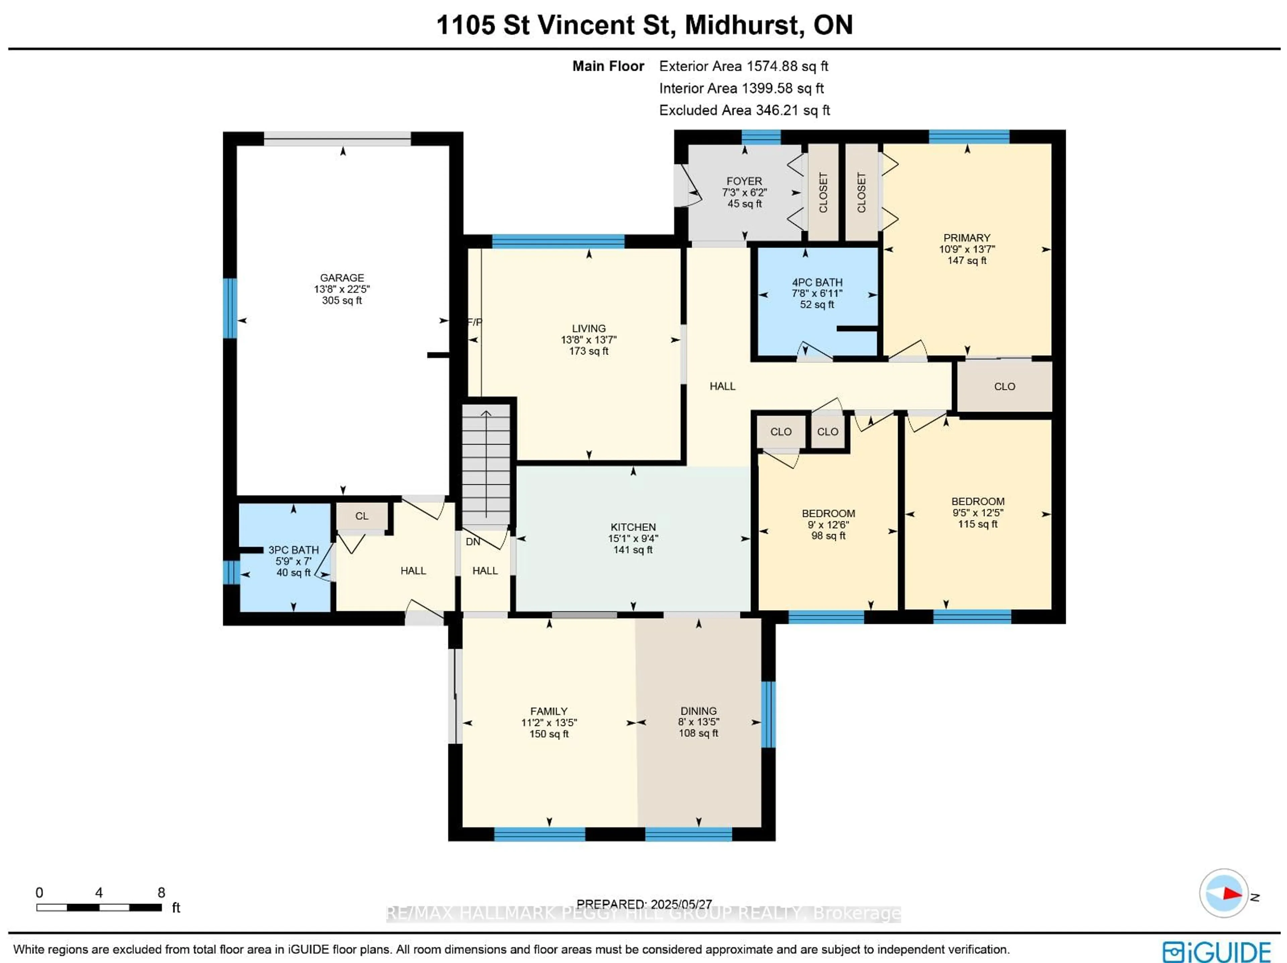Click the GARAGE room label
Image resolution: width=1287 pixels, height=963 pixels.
point(342,278)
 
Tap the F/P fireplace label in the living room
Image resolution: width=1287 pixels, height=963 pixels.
point(475,322)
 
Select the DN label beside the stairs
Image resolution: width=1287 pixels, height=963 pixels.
point(473,542)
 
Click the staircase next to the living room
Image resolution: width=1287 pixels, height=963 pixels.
point(486,464)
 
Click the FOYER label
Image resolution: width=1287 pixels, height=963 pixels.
point(744,182)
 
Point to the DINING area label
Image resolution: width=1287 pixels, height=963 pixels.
point(699,711)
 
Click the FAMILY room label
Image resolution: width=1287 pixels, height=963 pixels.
point(549,711)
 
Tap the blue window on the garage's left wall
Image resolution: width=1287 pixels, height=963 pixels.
point(230,308)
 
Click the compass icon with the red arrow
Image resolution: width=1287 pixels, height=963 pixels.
point(1224,893)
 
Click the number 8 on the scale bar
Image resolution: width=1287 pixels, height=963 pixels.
point(161,893)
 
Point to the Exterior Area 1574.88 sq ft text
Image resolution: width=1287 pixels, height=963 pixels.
point(744,66)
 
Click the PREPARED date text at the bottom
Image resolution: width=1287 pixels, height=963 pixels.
point(644,904)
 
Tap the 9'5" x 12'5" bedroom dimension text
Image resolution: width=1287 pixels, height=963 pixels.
point(978,513)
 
